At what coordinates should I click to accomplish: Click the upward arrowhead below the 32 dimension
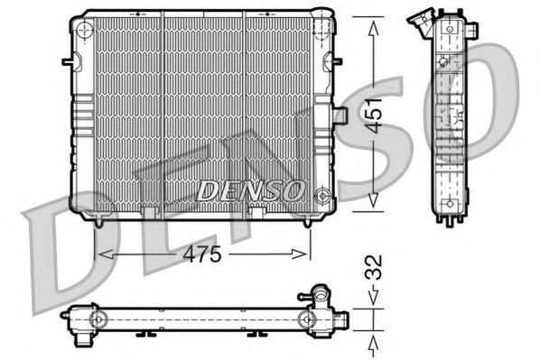click(373, 341)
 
